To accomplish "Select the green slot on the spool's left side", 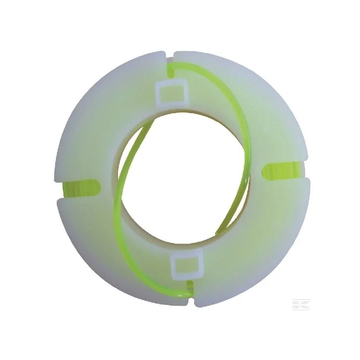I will point(79,185).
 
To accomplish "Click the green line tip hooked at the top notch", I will point(171,67).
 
